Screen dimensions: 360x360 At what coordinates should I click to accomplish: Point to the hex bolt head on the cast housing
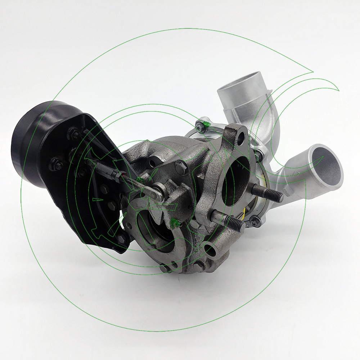point(181,167)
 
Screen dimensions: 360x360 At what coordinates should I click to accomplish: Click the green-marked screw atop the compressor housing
point(200,126)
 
